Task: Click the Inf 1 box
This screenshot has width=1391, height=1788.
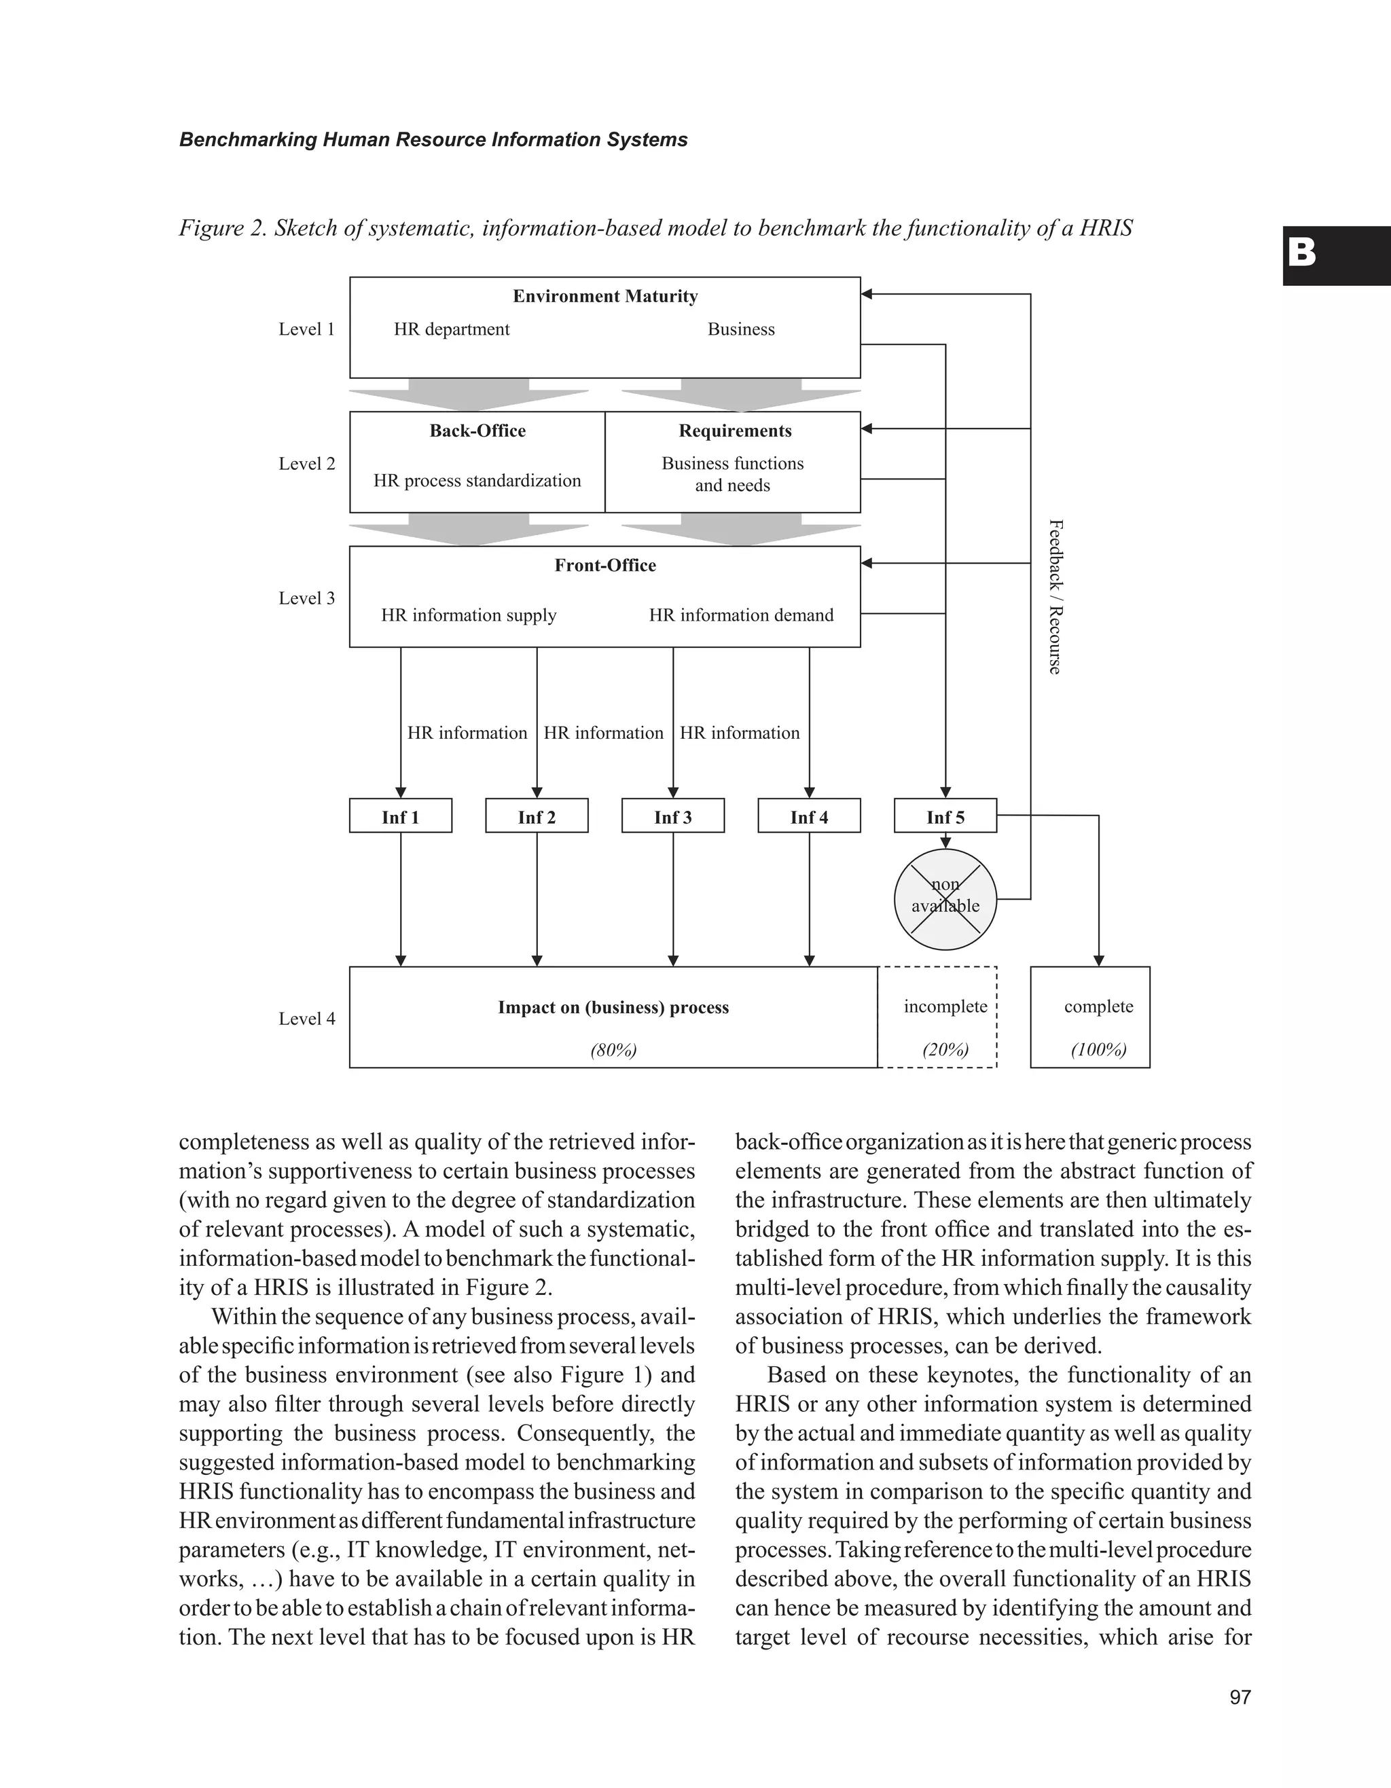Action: (x=400, y=816)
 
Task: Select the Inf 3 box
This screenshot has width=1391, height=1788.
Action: (x=673, y=816)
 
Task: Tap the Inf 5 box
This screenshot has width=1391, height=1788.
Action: (x=945, y=816)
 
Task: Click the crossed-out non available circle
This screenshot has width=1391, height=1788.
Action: (x=945, y=898)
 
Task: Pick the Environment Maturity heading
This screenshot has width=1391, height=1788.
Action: (x=605, y=296)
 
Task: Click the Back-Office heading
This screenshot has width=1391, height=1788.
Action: (x=477, y=431)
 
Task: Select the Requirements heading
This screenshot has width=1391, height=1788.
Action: (x=735, y=431)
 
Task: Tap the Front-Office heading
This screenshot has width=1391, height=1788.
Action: (x=605, y=565)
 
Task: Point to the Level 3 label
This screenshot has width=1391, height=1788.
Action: (x=306, y=598)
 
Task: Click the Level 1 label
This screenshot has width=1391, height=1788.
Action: (x=306, y=329)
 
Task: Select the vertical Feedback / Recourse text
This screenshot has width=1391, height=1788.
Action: (x=1055, y=597)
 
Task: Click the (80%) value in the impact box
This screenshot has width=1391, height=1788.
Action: (x=613, y=1051)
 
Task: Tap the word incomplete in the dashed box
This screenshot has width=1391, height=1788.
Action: (x=945, y=1007)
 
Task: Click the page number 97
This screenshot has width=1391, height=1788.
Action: (x=1240, y=1697)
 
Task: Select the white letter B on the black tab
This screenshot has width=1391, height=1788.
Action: (x=1302, y=254)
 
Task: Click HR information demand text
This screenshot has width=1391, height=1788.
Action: (x=741, y=615)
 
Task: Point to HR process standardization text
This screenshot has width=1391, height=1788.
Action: (x=477, y=481)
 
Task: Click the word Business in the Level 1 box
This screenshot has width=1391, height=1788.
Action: (x=741, y=329)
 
